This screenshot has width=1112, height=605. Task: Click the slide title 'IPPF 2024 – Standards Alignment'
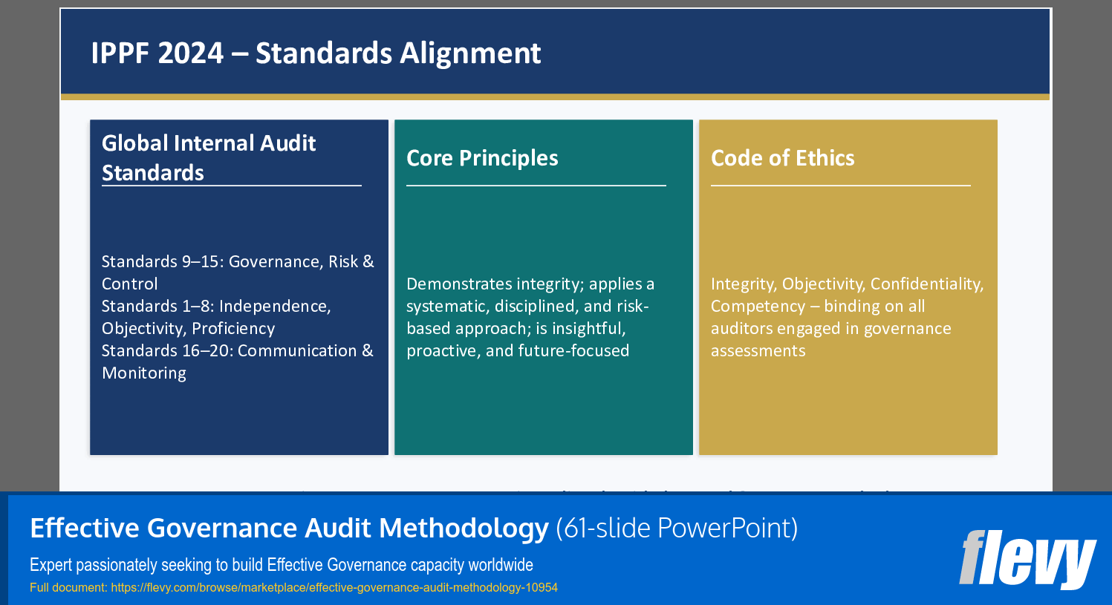[316, 53]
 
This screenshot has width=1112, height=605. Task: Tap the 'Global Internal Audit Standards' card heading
[209, 157]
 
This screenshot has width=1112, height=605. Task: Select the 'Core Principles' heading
[482, 158]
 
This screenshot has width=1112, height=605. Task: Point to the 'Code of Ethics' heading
[782, 158]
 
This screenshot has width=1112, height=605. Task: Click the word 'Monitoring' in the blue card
[144, 373]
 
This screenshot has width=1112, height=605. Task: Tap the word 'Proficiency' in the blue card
[233, 329]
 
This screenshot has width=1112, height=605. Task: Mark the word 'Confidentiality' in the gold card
[926, 284]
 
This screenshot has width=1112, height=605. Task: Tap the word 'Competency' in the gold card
[758, 307]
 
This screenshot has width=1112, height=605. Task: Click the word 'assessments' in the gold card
[758, 351]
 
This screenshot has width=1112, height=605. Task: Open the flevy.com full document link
[334, 588]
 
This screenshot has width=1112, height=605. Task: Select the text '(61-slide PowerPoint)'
[677, 529]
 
